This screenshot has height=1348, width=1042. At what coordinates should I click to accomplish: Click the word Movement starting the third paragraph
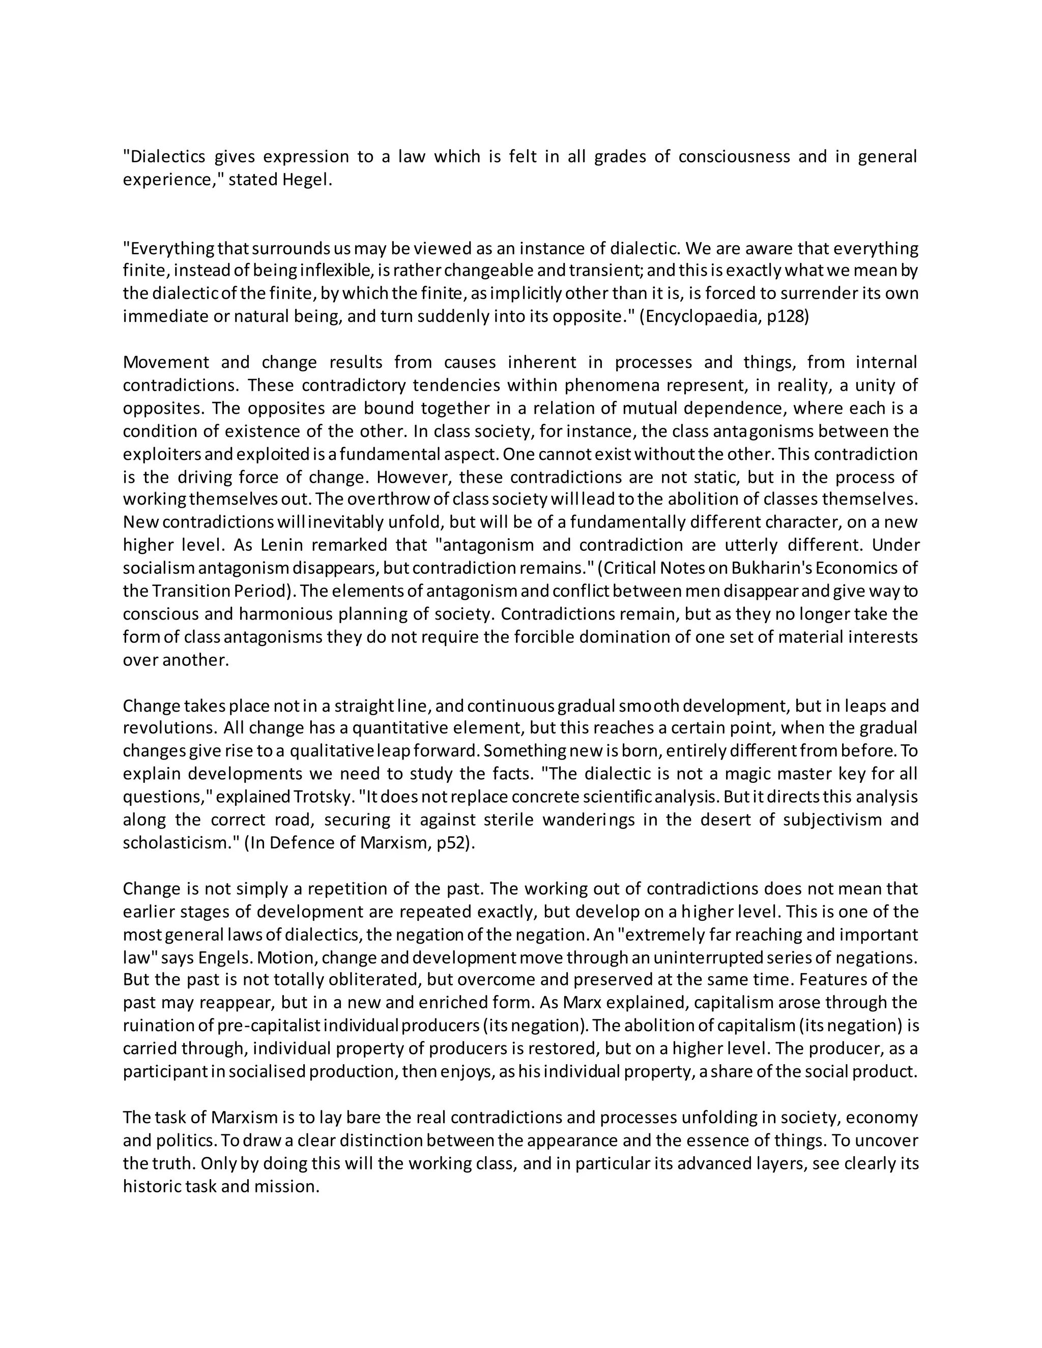(x=166, y=362)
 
